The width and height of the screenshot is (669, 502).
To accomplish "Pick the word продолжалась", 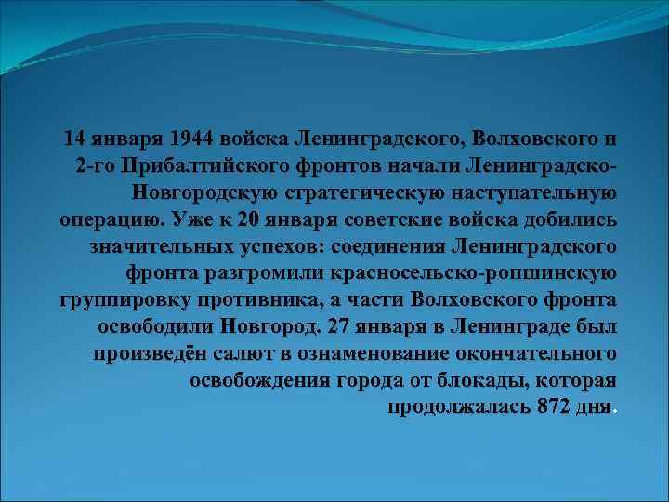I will (459, 409).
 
